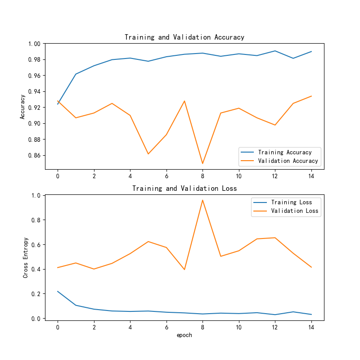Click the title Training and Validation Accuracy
184,37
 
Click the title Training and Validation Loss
184,188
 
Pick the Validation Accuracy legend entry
288,161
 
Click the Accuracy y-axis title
22,107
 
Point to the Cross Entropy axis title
26,257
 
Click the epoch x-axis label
184,335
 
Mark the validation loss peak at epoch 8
202,200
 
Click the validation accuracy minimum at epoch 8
202,163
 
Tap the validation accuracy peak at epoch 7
184,101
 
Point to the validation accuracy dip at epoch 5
148,154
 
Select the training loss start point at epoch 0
58,291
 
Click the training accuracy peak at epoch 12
275,51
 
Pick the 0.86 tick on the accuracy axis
35,155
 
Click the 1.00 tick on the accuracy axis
35,44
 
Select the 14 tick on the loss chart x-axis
311,327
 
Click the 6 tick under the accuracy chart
166,176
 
